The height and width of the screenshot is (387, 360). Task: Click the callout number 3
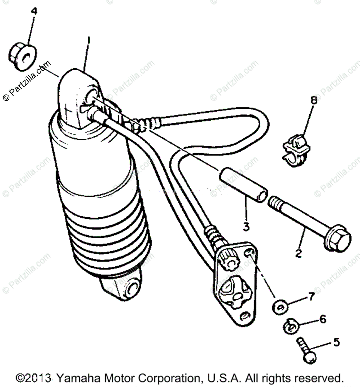[x=246, y=226]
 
